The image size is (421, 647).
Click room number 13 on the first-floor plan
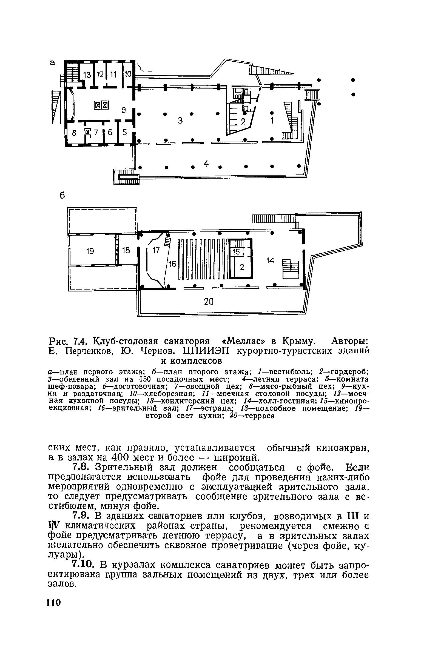click(x=87, y=75)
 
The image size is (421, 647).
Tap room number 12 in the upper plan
click(x=100, y=75)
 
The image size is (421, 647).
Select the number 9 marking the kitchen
click(x=124, y=110)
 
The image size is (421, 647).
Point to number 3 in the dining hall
click(x=180, y=121)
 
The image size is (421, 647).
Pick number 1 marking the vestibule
click(x=272, y=121)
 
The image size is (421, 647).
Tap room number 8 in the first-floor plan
click(x=73, y=133)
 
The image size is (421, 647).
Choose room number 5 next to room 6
click(x=125, y=133)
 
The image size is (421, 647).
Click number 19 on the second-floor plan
click(x=90, y=251)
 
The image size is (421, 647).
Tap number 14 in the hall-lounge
click(x=270, y=261)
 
